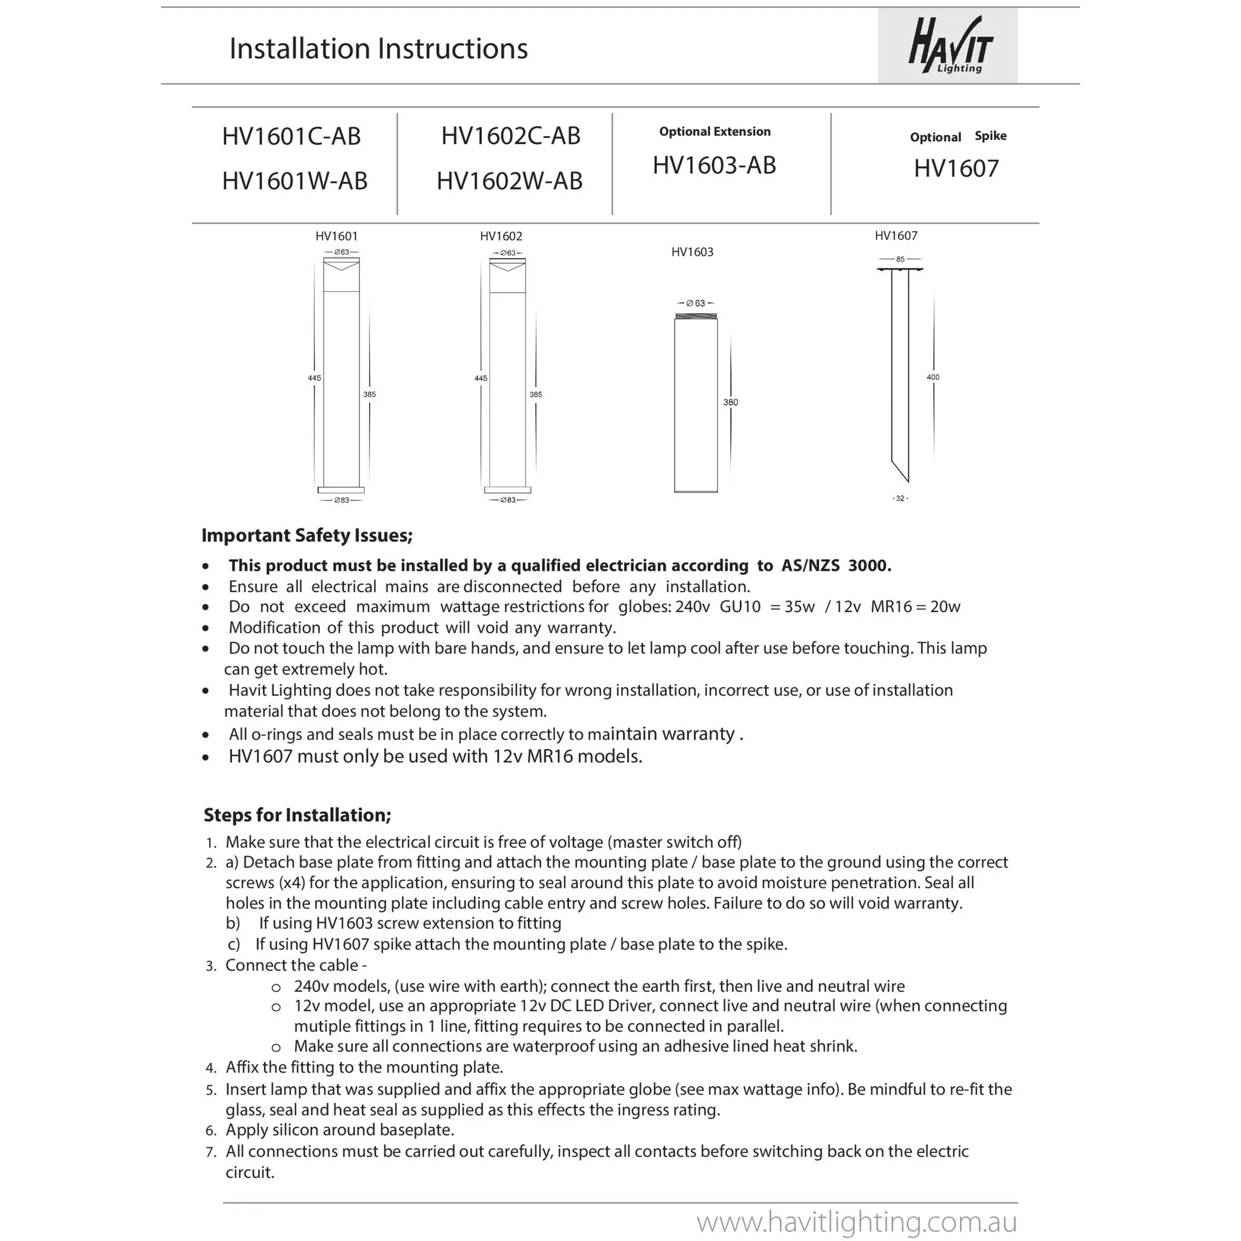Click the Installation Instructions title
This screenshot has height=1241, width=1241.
(x=378, y=49)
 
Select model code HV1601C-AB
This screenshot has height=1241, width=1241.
(x=291, y=136)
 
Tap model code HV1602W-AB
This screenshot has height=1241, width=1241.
(x=510, y=181)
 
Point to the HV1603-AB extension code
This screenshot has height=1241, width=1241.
(x=714, y=165)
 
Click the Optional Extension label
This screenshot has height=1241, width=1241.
(x=714, y=131)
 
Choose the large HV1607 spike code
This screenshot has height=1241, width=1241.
(x=956, y=168)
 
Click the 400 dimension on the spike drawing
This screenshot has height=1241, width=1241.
(x=933, y=377)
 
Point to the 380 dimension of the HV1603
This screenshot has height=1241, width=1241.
(x=730, y=402)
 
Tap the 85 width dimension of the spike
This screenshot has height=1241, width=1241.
(x=900, y=259)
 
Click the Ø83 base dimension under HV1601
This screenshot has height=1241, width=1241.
(x=341, y=500)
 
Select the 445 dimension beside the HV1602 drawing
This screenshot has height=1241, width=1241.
(x=481, y=378)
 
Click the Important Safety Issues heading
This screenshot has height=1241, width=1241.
(x=307, y=535)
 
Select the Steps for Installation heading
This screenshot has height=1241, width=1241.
(x=298, y=814)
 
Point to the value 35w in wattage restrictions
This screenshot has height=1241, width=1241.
(x=800, y=607)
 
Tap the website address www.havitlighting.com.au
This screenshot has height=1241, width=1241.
(x=857, y=1221)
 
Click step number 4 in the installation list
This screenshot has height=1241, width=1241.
(x=211, y=1068)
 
